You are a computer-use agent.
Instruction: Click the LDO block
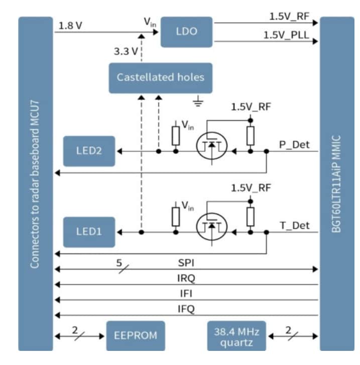[x=186, y=32]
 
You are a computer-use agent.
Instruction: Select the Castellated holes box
[x=160, y=77]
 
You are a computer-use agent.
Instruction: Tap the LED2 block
[x=88, y=151]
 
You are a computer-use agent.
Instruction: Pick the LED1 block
[x=88, y=232]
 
